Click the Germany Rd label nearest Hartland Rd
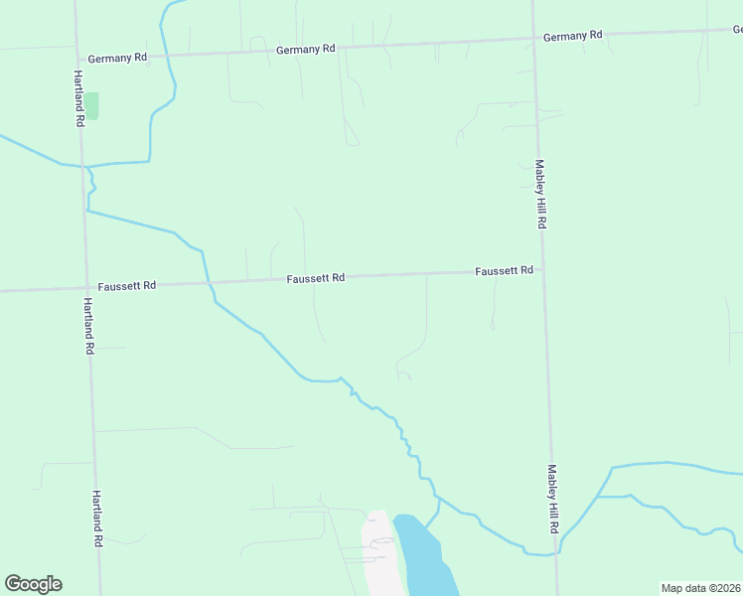(x=117, y=58)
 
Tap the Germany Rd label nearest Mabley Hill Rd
(x=572, y=36)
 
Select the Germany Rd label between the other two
(x=306, y=49)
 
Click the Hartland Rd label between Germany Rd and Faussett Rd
(x=78, y=97)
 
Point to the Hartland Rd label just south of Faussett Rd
(x=88, y=326)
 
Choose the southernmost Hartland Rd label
(x=98, y=519)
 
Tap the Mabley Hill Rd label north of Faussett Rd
(x=540, y=195)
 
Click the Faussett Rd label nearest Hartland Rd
(x=127, y=285)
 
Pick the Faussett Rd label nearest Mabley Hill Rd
(x=504, y=270)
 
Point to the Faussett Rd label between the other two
(x=316, y=278)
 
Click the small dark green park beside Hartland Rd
(x=91, y=105)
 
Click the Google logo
(x=33, y=584)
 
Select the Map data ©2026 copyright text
(x=700, y=588)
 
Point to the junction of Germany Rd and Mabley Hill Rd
(x=533, y=40)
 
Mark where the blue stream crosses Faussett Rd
(x=210, y=283)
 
